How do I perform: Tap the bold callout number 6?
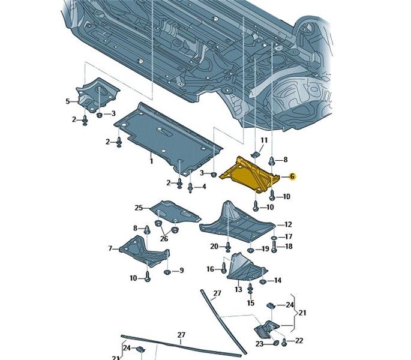(x=292, y=176)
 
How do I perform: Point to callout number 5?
(x=68, y=101)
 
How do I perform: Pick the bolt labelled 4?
(x=191, y=188)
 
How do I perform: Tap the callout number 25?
(x=139, y=208)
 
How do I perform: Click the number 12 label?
(x=288, y=224)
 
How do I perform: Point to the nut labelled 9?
(x=167, y=272)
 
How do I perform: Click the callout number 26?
(x=164, y=238)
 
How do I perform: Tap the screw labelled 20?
(x=228, y=245)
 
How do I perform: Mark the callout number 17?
(x=289, y=237)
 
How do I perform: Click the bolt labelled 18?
(x=274, y=246)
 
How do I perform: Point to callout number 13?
(x=238, y=290)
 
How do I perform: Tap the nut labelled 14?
(x=262, y=280)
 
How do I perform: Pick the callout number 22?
(x=298, y=341)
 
